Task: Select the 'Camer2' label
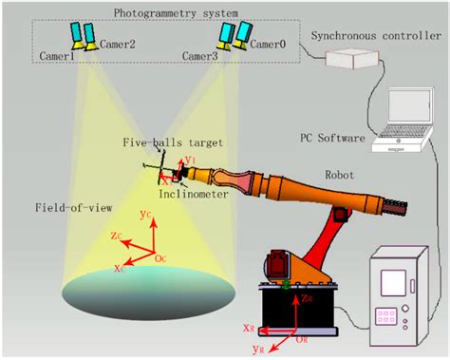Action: click(117, 44)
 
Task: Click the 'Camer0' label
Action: click(267, 44)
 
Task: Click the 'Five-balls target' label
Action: click(172, 142)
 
